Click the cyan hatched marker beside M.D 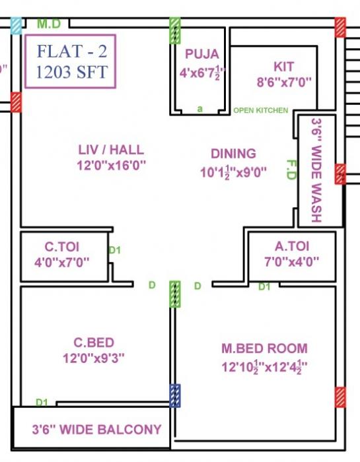(16, 25)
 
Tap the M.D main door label (48, 24)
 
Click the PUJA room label (201, 54)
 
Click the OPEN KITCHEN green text (260, 110)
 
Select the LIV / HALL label (111, 150)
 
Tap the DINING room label (233, 154)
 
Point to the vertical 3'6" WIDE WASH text (316, 170)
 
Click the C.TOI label (61, 247)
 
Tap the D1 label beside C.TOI (114, 250)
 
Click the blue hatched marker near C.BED (175, 395)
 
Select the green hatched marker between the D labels (175, 294)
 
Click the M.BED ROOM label (264, 348)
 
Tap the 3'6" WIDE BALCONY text (96, 430)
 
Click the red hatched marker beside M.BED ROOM (340, 398)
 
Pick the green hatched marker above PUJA (175, 30)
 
